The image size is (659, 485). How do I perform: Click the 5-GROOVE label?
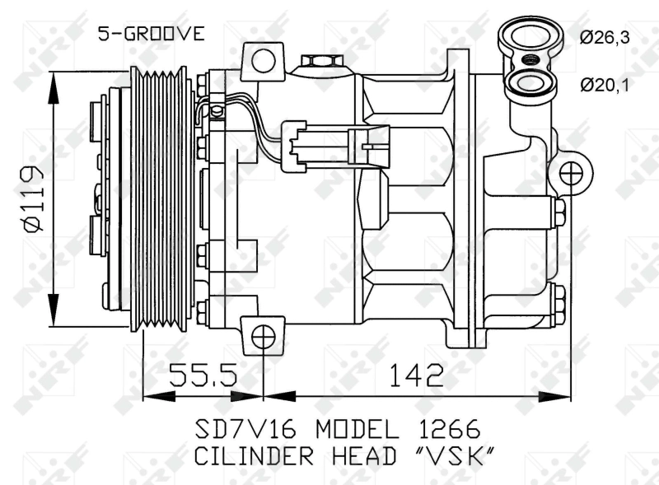coord(151,33)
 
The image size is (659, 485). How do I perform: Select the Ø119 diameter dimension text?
coord(31,200)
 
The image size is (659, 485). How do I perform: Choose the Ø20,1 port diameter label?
coord(607,84)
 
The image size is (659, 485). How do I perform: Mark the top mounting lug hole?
coord(263,59)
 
